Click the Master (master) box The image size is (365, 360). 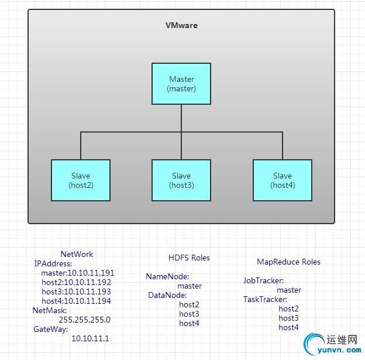click(181, 84)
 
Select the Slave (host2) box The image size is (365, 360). click(81, 180)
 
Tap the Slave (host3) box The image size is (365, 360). click(181, 180)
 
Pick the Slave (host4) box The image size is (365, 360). click(282, 180)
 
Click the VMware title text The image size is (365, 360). click(181, 26)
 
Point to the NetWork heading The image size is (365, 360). click(77, 254)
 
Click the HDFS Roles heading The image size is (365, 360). click(189, 258)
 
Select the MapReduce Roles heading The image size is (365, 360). click(288, 262)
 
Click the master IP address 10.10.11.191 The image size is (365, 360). click(91, 273)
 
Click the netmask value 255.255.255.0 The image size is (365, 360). click(84, 320)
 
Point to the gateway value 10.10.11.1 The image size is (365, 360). click(90, 338)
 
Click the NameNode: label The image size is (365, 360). click(167, 277)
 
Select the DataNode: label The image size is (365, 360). click(167, 296)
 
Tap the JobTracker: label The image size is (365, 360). click(263, 280)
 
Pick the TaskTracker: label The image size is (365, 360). click(265, 299)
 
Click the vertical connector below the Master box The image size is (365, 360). click(181, 118)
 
